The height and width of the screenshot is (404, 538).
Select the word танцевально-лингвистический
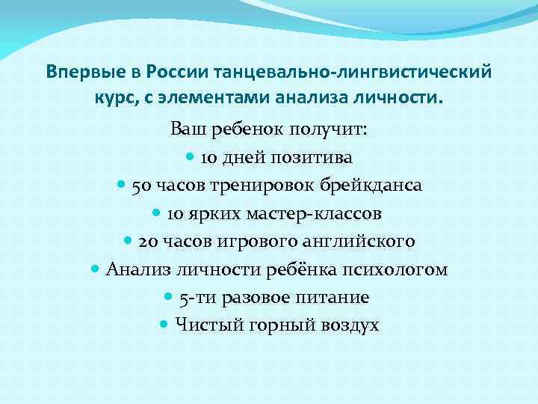353,72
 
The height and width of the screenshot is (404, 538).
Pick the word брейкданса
370,186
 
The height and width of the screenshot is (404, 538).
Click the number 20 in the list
148,242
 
